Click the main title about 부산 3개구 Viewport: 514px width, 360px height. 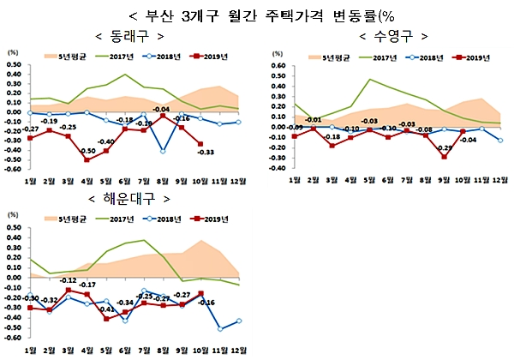click(x=256, y=15)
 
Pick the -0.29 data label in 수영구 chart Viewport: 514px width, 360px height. click(x=445, y=148)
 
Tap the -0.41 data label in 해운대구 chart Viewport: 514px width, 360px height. click(x=108, y=309)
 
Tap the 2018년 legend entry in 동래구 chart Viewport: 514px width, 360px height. click(x=171, y=58)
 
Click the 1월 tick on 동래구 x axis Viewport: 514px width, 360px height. click(x=31, y=183)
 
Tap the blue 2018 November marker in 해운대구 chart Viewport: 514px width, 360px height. click(x=221, y=328)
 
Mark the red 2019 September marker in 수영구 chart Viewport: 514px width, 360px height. click(x=444, y=157)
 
